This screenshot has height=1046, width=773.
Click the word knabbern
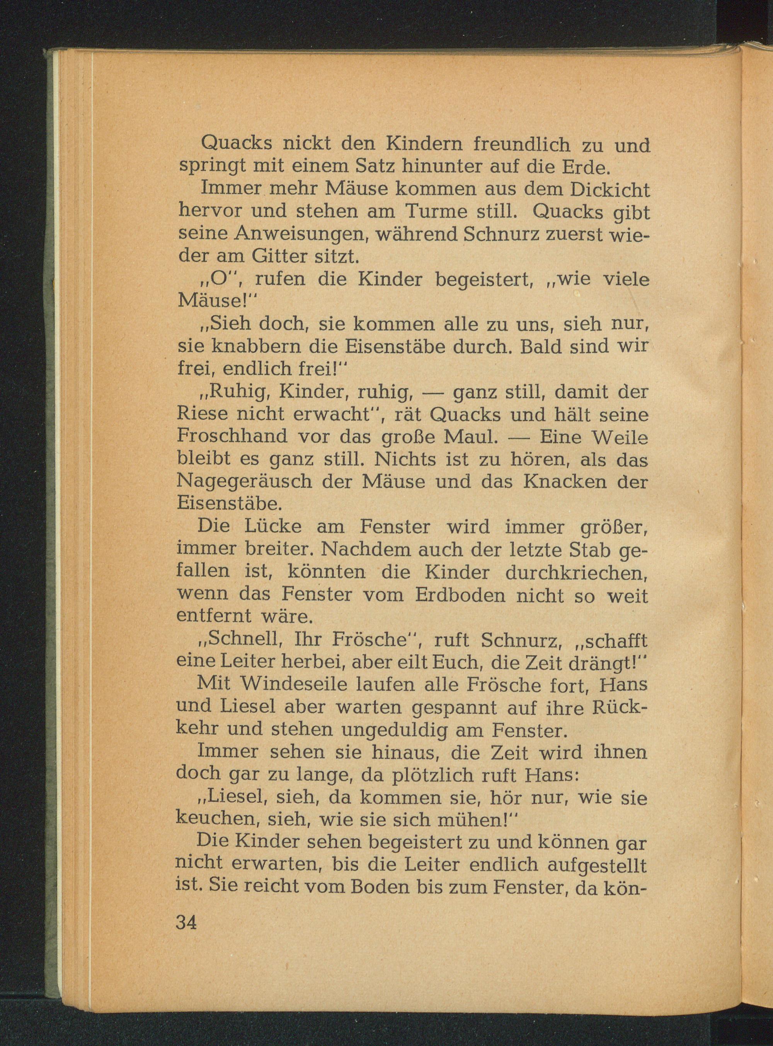pos(251,347)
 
